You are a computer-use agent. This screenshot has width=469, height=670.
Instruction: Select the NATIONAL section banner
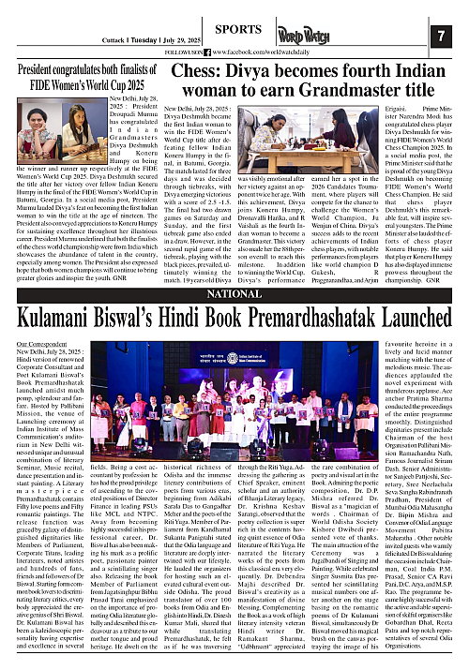pos(234,293)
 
